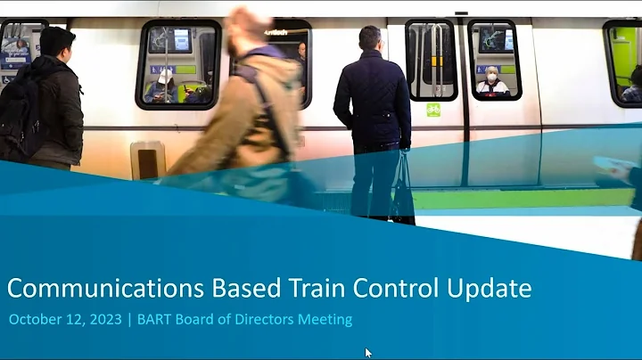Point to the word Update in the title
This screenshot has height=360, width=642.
[x=490, y=289]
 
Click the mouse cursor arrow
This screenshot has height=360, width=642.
[x=368, y=353]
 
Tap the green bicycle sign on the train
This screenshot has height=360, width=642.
[x=433, y=110]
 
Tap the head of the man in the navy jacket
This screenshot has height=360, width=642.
[x=369, y=38]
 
